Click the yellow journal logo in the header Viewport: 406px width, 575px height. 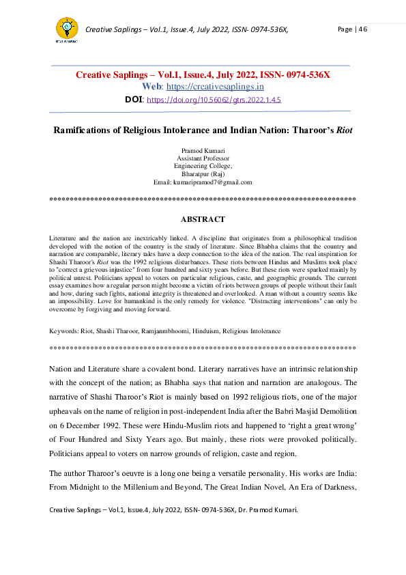67,29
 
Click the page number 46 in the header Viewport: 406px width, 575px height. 361,29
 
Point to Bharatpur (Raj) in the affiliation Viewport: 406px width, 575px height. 203,174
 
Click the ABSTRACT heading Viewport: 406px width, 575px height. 203,219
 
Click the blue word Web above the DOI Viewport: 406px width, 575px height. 151,87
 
